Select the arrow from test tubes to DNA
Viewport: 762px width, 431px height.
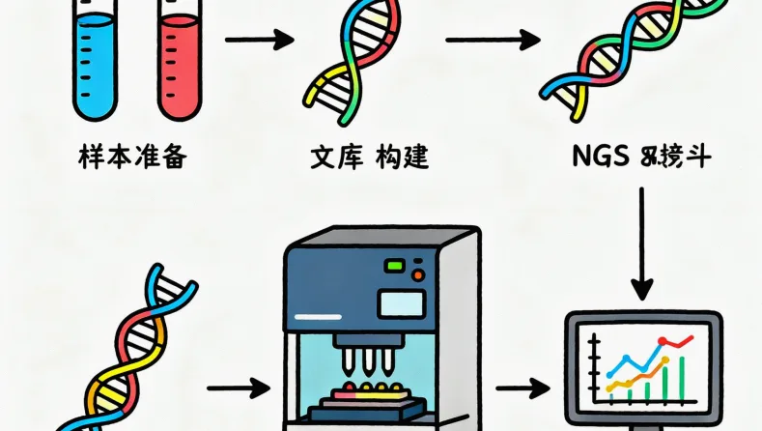(x=258, y=41)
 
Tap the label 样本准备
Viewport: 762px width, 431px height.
(x=131, y=156)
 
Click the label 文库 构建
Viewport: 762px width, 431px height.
(x=371, y=156)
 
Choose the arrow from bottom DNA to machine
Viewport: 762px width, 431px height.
(x=238, y=388)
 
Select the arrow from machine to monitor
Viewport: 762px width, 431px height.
(x=522, y=388)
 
